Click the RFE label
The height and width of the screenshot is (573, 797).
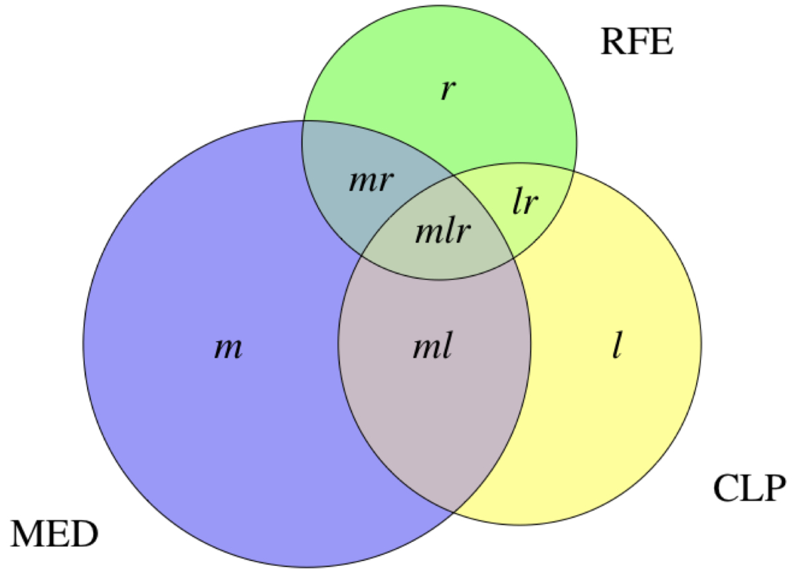(x=636, y=42)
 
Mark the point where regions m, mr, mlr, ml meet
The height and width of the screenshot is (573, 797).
(x=361, y=256)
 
